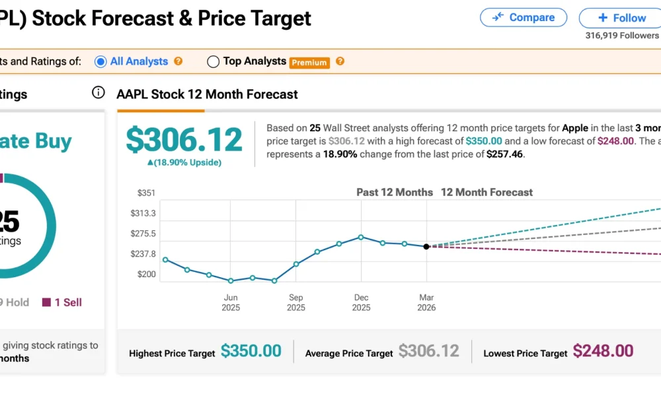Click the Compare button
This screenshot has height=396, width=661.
tap(523, 18)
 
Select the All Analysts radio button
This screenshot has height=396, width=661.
tap(100, 61)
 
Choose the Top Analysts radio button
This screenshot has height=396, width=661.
tap(213, 61)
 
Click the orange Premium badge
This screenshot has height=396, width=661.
tap(309, 62)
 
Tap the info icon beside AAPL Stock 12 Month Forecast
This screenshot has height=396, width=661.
tap(98, 92)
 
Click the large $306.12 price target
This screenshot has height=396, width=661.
tap(184, 141)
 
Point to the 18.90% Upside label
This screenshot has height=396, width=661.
tap(184, 162)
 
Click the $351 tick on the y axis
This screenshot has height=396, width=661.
tap(145, 193)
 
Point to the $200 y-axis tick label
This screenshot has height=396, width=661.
tap(145, 275)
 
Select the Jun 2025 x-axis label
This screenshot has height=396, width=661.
tap(231, 302)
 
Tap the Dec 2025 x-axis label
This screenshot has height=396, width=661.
tap(361, 302)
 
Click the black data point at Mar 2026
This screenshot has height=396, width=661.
tap(426, 246)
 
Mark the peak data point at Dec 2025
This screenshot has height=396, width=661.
tap(361, 237)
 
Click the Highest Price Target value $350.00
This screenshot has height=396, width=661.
tap(251, 351)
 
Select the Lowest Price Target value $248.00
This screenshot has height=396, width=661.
tap(603, 351)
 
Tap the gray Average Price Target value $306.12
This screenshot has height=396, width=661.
tap(428, 351)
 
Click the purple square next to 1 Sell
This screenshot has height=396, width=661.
tap(46, 302)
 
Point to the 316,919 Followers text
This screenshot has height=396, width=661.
tap(621, 36)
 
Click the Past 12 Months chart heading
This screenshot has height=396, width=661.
tap(395, 193)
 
